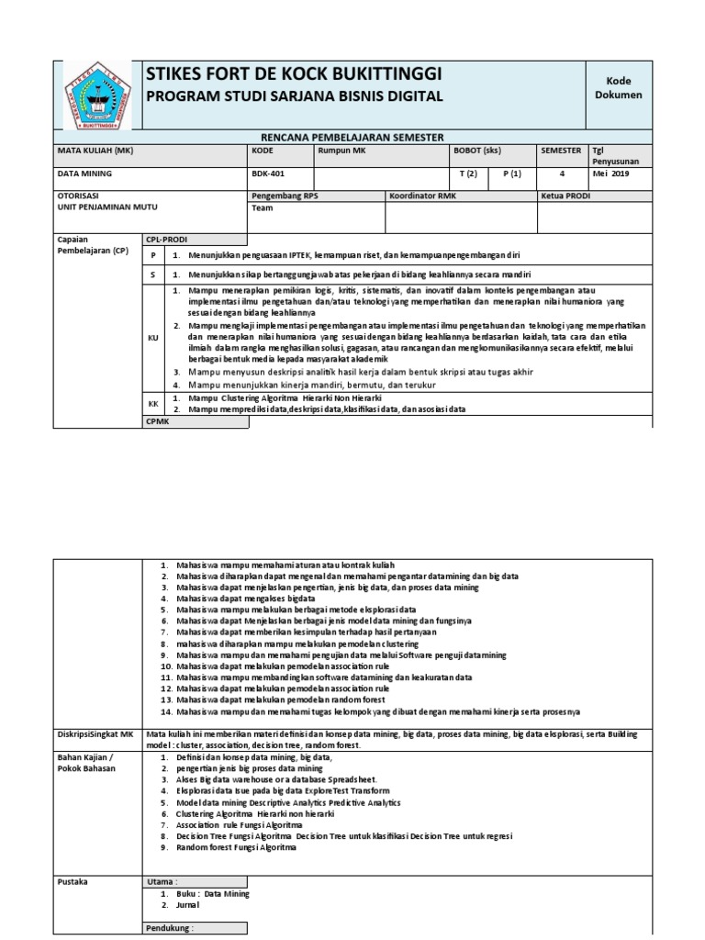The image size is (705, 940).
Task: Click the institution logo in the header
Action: click(x=96, y=94)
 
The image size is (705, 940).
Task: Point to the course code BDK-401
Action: click(x=267, y=173)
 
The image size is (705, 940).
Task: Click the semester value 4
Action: click(x=562, y=173)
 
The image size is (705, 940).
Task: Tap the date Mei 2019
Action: click(x=611, y=173)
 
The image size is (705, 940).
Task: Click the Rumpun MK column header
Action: click(x=341, y=151)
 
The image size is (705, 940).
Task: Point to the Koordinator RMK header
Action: click(x=422, y=196)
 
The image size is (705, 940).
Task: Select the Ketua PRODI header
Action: click(x=565, y=196)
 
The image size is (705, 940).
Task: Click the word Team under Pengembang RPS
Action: click(x=263, y=208)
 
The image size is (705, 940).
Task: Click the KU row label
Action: click(x=153, y=338)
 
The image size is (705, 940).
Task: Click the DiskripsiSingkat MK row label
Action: click(x=95, y=733)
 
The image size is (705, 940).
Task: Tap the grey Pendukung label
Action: click(x=170, y=929)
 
